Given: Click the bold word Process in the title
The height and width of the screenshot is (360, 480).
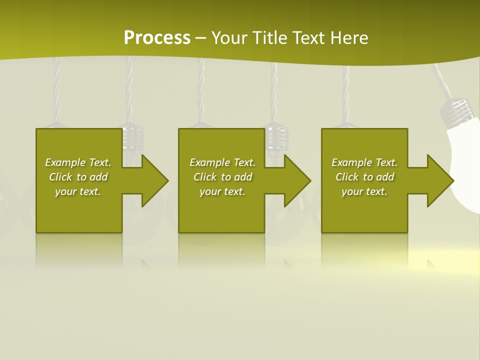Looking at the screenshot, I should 157,37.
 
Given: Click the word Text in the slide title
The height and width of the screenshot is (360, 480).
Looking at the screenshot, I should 308,37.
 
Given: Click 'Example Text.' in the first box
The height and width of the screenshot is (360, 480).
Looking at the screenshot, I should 78,162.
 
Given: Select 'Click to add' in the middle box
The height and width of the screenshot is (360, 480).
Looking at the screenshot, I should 223,177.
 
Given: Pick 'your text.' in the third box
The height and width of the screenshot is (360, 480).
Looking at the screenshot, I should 364,191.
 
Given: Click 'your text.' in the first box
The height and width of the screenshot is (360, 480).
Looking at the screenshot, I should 78,191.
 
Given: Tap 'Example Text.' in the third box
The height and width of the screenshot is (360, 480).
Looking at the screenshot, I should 364,162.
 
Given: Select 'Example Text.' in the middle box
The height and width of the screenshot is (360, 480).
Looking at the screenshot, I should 223,162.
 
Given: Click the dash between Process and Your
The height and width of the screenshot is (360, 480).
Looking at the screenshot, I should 200,38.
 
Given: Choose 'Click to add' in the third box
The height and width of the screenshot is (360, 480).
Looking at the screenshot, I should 364,177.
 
